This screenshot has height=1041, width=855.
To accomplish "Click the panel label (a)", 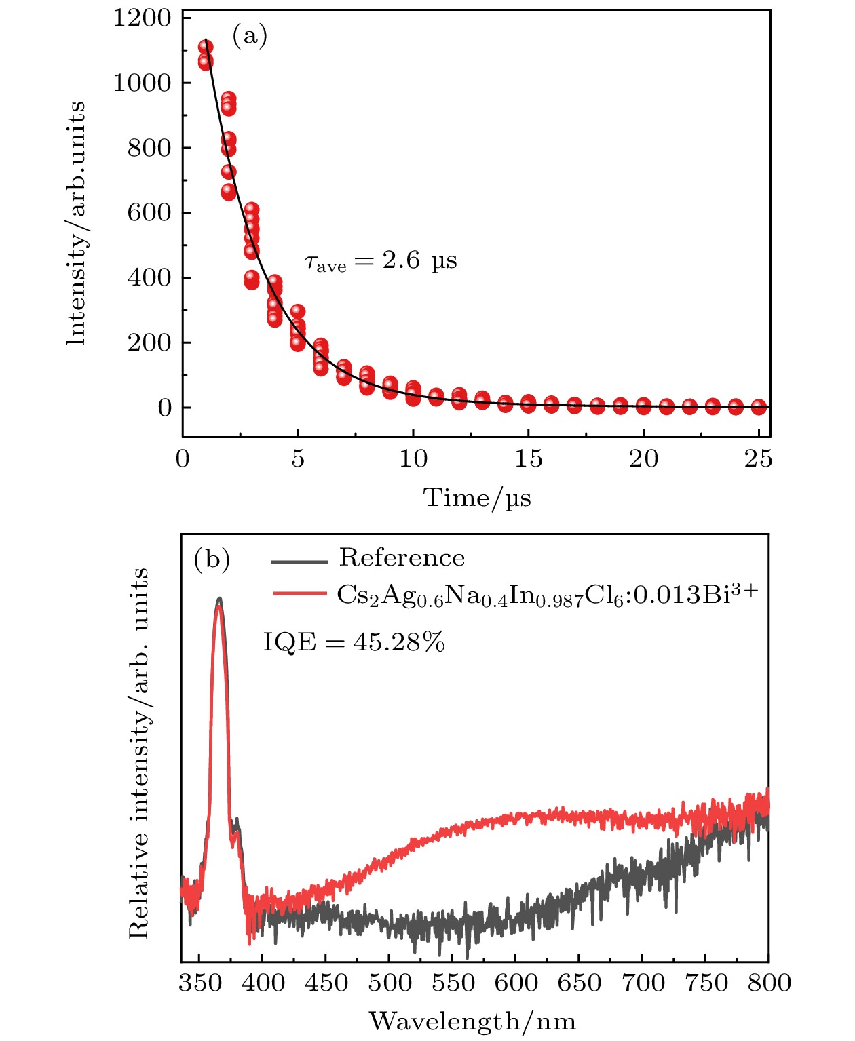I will (x=250, y=35).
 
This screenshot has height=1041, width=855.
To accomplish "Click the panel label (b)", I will (x=212, y=560).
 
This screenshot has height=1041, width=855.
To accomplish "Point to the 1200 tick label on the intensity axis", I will (x=142, y=18).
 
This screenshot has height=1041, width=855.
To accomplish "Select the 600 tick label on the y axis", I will (x=149, y=213).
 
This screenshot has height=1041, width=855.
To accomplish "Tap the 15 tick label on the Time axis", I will (x=528, y=460).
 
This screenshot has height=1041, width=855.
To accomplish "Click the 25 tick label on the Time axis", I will (x=758, y=460).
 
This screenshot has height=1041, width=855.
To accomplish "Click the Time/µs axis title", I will (x=477, y=498).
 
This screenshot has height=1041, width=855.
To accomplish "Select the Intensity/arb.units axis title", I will (x=77, y=223).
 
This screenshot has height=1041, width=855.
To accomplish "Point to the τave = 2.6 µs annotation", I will (x=381, y=261).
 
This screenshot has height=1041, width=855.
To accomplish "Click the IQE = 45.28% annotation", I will (x=354, y=642).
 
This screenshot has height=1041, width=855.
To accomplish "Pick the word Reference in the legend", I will (x=402, y=558).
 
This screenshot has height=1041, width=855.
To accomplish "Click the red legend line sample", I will (x=299, y=593).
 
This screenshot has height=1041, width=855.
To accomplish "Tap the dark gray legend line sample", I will (x=299, y=561).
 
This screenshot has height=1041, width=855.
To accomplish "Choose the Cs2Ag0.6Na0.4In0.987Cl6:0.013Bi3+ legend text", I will (x=547, y=594).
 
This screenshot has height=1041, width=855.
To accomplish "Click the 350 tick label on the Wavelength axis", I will (x=200, y=983).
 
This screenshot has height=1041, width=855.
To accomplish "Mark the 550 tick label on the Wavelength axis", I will (x=453, y=983).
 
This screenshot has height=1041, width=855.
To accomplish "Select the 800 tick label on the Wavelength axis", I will (x=769, y=983).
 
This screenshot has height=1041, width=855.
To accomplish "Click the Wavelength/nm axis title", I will (x=472, y=1021).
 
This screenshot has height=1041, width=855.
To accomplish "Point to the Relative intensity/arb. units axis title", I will (x=138, y=753).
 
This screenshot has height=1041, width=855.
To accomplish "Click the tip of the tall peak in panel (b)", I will (x=218, y=600).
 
